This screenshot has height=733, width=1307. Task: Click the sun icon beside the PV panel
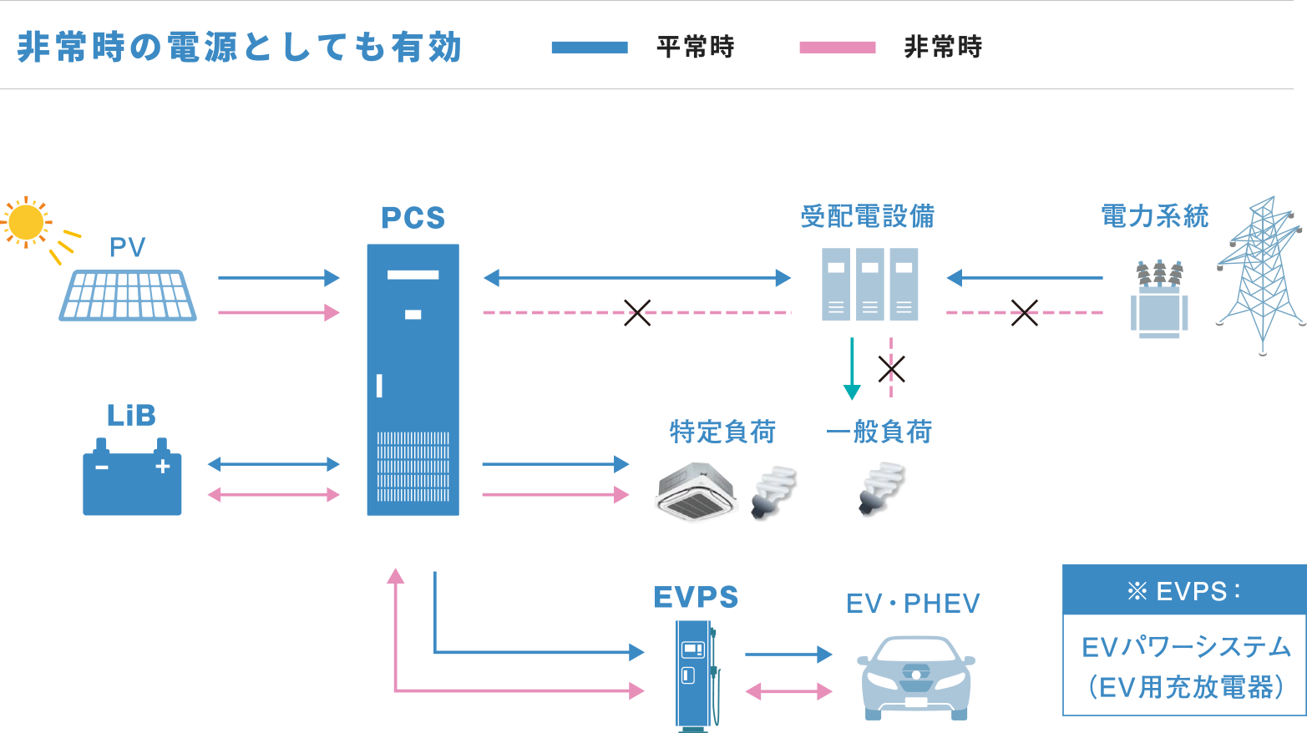(25, 223)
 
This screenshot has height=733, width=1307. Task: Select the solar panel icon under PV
(128, 295)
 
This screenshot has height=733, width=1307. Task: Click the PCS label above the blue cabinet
(413, 218)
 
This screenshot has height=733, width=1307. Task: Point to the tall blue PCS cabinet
(413, 379)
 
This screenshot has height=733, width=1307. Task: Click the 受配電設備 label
(867, 216)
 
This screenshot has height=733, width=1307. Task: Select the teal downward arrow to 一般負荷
(852, 368)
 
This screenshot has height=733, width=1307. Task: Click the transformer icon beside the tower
(1158, 298)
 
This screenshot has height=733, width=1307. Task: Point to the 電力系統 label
(1154, 216)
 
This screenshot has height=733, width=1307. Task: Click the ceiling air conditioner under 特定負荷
(696, 493)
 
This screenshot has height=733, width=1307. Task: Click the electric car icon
(916, 677)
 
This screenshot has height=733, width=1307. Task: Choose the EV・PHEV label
(913, 603)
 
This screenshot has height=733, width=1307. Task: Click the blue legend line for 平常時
(589, 48)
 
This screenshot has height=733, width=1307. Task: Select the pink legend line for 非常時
(837, 48)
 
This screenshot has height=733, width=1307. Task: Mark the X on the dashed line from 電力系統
(1025, 312)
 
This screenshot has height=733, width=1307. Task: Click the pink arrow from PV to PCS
(279, 312)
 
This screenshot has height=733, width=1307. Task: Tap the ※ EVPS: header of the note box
(1183, 591)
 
